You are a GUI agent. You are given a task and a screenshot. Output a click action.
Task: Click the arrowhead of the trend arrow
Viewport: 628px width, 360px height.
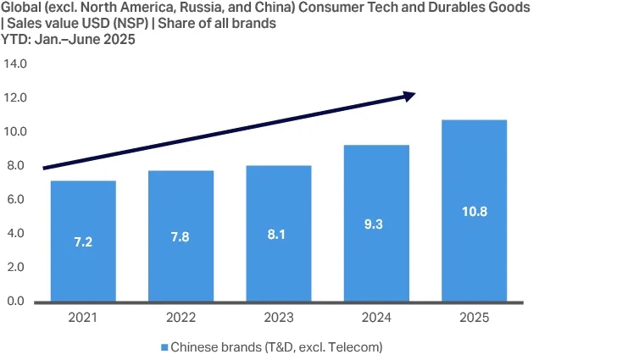409,96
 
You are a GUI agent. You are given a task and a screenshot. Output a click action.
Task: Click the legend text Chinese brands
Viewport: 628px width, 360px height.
212,347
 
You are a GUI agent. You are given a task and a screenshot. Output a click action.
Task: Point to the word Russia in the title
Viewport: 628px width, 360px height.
193,8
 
